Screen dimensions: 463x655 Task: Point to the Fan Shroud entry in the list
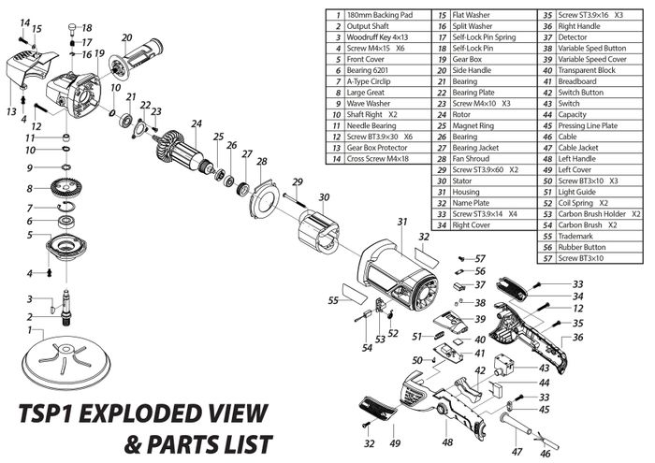click(x=473, y=158)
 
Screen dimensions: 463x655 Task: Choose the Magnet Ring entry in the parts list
click(x=474, y=124)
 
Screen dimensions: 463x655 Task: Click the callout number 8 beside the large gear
click(x=30, y=189)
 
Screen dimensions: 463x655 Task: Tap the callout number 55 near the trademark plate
click(x=332, y=302)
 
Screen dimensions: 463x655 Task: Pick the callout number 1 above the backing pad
click(x=30, y=330)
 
